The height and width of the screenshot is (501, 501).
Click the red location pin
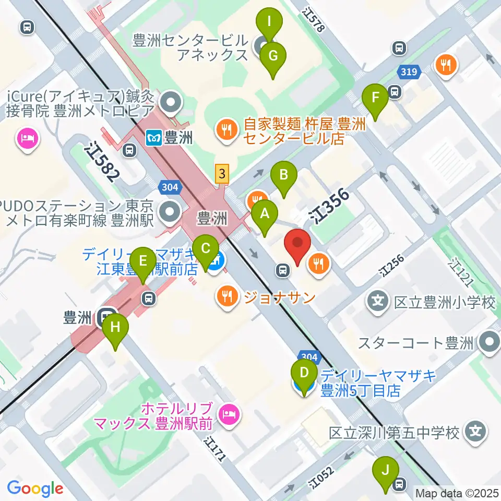tap(297, 246)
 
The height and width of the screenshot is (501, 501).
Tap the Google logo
tap(35, 488)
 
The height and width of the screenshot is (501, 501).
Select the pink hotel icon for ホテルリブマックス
tap(229, 415)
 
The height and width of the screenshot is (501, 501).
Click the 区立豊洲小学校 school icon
tap(377, 301)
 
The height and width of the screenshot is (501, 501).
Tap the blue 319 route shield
tap(409, 71)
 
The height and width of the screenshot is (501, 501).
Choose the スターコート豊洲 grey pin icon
tap(490, 343)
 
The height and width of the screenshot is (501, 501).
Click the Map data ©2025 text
tap(457, 493)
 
